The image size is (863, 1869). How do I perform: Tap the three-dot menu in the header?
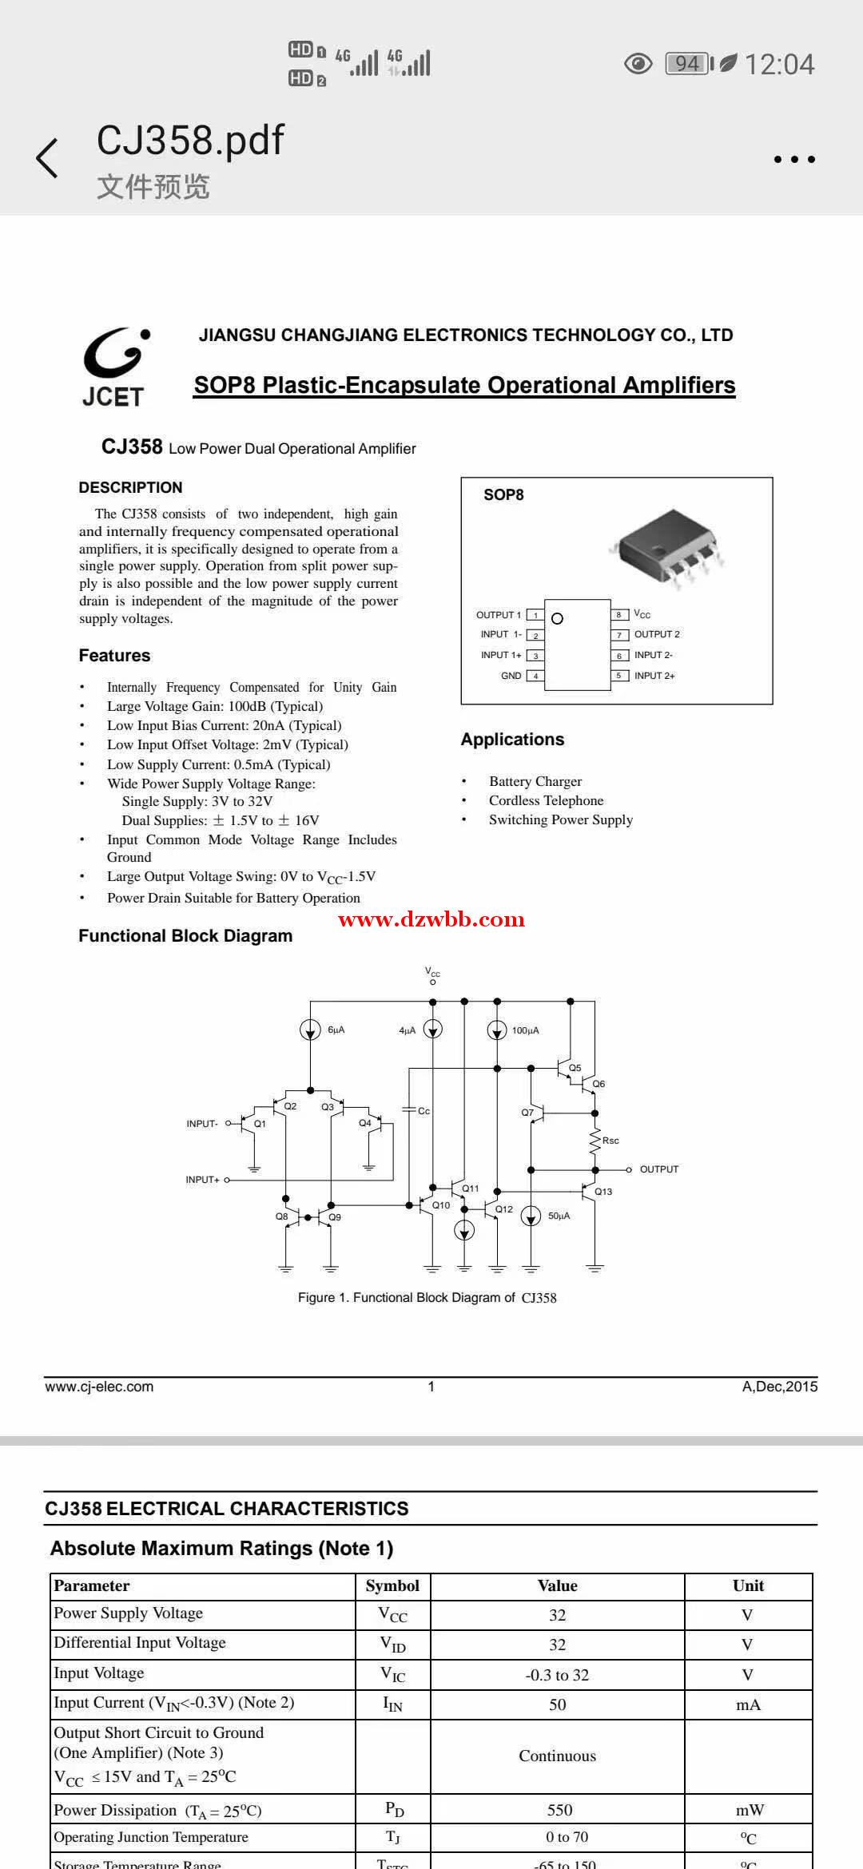[794, 159]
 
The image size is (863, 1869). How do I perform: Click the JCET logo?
[113, 367]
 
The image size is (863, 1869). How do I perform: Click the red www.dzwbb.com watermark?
[431, 919]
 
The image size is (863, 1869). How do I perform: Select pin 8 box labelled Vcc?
[618, 615]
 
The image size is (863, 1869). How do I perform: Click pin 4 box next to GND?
[535, 676]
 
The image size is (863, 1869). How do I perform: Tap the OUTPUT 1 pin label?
[498, 615]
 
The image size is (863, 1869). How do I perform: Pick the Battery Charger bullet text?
[535, 781]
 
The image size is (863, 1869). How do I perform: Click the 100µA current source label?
[526, 1030]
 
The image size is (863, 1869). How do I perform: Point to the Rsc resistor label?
[610, 1141]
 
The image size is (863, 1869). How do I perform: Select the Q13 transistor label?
[603, 1192]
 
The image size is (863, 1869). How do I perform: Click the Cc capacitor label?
[424, 1111]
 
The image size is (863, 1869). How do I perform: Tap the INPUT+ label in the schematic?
[202, 1180]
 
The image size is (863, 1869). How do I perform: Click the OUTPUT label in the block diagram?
[658, 1169]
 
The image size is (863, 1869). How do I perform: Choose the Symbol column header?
[392, 1585]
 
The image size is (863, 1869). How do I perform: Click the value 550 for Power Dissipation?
[559, 1810]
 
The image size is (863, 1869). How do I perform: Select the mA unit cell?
[748, 1704]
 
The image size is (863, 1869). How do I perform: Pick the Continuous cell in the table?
[557, 1756]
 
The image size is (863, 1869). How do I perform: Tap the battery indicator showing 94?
[687, 63]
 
